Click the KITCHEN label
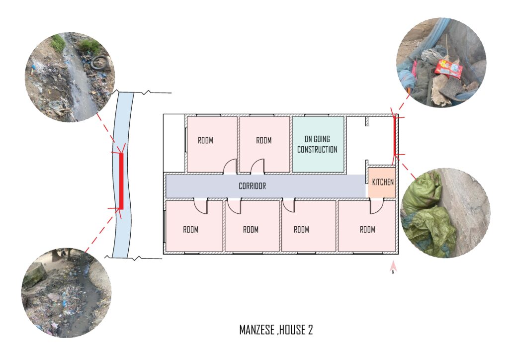383,182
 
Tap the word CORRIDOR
252,186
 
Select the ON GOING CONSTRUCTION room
318,144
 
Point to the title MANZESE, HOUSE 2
276,330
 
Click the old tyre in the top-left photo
99,62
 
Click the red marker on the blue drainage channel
121,181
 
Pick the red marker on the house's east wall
395,137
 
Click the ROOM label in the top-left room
205,140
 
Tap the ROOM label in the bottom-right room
367,230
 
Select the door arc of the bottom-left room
201,206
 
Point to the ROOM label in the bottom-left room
190,230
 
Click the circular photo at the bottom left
67,293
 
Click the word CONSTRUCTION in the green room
318,150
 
